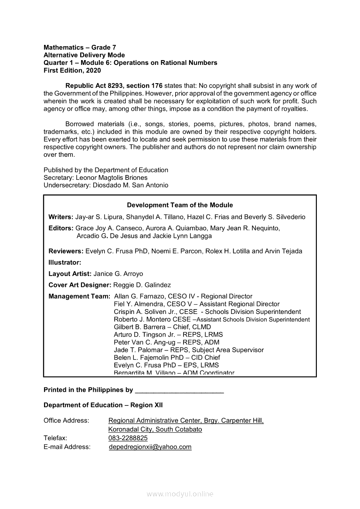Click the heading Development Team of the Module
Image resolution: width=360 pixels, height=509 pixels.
click(x=180, y=205)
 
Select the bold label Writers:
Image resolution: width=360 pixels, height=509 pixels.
click(x=61, y=217)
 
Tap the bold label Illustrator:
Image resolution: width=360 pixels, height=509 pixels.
click(x=65, y=263)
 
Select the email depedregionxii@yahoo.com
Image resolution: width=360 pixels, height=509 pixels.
click(x=150, y=447)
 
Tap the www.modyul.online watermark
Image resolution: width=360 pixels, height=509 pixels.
click(x=180, y=494)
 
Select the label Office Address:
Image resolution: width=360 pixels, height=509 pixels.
click(x=66, y=421)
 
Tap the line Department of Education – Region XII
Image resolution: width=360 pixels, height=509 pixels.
click(x=103, y=405)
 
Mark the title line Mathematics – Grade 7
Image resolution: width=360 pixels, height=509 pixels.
click(x=80, y=47)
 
